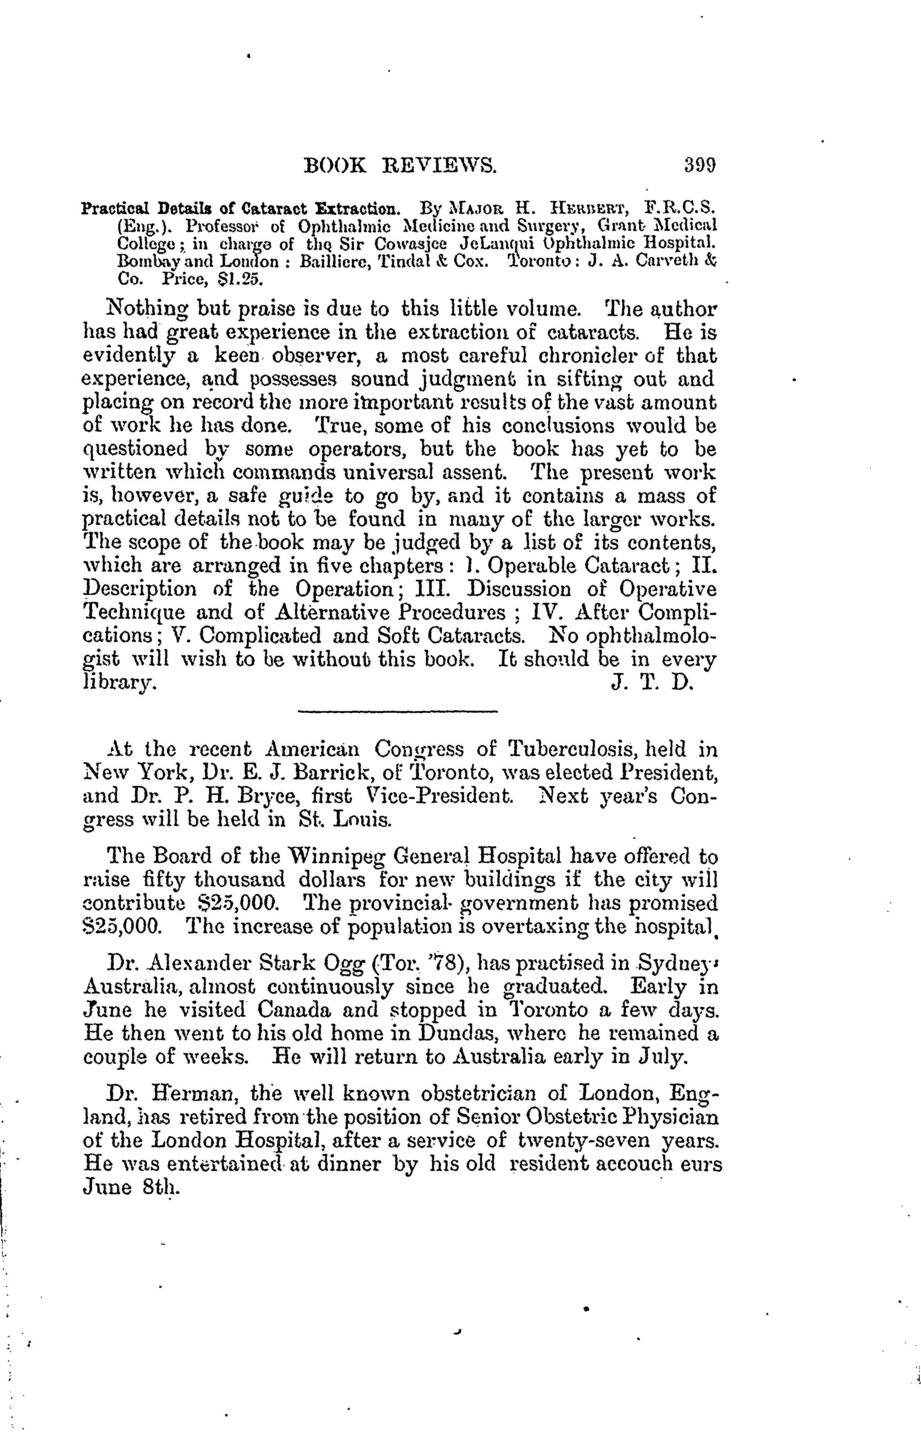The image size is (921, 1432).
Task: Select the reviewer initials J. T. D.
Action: click(652, 682)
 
